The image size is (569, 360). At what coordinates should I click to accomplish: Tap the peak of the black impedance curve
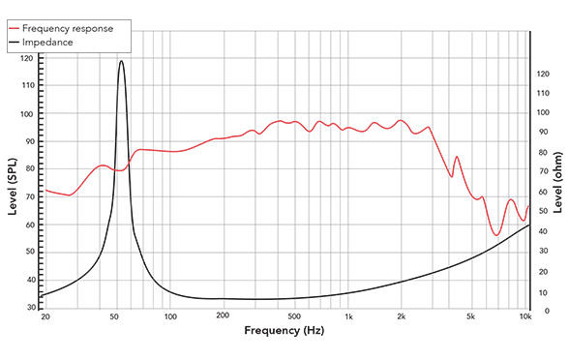[121, 61]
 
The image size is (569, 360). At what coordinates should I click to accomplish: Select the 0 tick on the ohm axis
[540, 312]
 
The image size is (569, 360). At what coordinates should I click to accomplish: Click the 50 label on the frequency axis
[115, 316]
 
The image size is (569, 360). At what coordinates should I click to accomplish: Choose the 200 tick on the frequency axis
[222, 316]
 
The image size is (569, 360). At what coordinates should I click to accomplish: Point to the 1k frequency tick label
[349, 316]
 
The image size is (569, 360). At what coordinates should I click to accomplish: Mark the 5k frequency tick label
[471, 316]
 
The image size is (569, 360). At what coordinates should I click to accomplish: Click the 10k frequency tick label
[525, 316]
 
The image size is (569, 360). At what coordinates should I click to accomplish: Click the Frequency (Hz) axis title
[284, 332]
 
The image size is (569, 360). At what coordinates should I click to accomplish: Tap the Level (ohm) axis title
[558, 184]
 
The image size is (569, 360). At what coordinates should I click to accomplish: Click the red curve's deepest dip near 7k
[495, 235]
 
